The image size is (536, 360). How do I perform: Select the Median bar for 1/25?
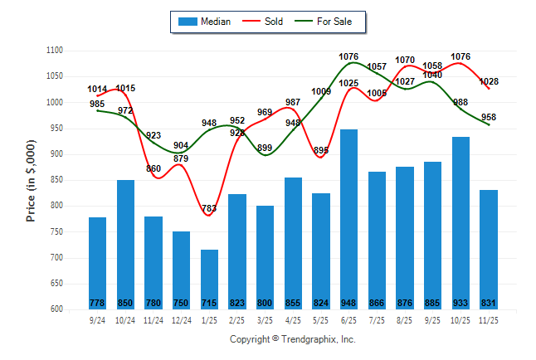(x=209, y=279)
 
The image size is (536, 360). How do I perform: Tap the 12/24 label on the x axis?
(x=181, y=319)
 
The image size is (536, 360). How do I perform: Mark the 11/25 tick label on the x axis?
(x=489, y=319)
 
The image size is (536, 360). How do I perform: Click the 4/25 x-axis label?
(x=293, y=319)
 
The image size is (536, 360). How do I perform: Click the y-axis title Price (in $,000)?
(x=31, y=180)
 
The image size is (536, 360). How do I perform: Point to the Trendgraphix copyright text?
(x=292, y=339)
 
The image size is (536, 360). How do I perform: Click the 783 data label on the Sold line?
(x=208, y=208)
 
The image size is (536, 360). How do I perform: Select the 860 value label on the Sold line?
(x=154, y=168)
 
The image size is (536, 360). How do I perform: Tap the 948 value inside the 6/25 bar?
(x=348, y=303)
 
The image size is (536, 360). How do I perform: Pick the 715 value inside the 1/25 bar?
(x=209, y=303)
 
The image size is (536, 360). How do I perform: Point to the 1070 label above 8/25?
(x=405, y=60)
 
